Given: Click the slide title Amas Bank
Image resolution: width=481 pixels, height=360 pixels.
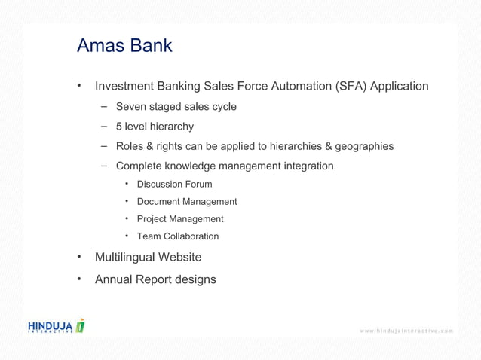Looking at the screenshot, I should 124,46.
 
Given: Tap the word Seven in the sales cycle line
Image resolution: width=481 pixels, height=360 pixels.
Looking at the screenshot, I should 131,107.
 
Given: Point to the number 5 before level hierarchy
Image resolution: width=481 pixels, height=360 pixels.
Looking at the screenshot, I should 119,127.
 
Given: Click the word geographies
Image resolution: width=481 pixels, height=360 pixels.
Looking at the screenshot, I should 363,146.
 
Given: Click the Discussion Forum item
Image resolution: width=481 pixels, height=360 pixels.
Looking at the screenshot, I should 174,184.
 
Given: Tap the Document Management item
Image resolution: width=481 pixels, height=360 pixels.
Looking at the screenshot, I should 187,202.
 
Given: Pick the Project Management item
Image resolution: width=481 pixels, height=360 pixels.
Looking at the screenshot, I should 180,219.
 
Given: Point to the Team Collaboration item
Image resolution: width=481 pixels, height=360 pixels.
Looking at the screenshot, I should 178,236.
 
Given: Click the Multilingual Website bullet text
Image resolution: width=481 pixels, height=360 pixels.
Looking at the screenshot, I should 148,258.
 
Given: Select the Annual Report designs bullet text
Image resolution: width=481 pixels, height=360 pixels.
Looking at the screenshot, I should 155,279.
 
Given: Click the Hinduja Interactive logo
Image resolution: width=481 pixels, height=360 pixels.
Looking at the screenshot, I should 57,326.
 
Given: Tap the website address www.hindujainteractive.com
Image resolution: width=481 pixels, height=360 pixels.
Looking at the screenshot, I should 406,331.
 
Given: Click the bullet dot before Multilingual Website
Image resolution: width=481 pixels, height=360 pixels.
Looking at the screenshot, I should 78,257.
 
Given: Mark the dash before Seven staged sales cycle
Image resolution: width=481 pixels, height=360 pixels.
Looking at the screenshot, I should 102,107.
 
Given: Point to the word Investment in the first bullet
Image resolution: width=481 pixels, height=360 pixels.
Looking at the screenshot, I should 124,86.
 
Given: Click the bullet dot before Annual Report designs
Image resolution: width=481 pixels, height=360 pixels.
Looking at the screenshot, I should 78,279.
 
